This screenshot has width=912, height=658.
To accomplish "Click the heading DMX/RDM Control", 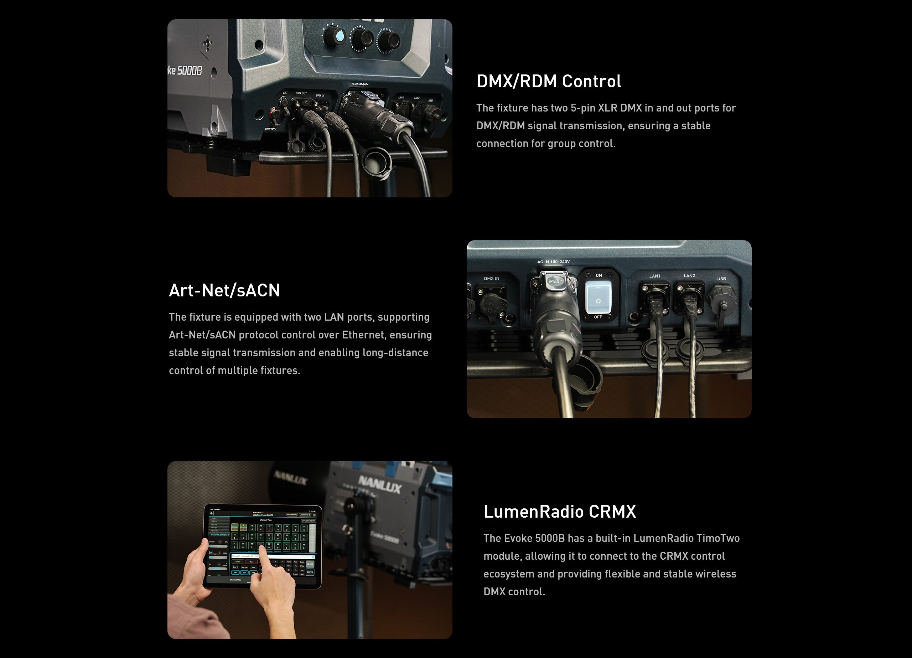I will (549, 81).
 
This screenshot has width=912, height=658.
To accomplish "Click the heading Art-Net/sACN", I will (224, 290).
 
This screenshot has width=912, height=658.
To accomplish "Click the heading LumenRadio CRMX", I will (559, 512).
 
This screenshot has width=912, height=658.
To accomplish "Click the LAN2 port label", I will (689, 275).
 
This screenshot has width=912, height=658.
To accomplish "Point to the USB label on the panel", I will (721, 279).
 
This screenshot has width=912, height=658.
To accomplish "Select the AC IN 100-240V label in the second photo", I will (553, 262).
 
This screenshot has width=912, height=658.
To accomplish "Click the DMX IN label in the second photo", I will (491, 278).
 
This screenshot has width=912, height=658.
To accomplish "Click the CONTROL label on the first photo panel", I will (271, 129).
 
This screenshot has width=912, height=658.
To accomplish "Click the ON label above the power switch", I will (599, 275).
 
